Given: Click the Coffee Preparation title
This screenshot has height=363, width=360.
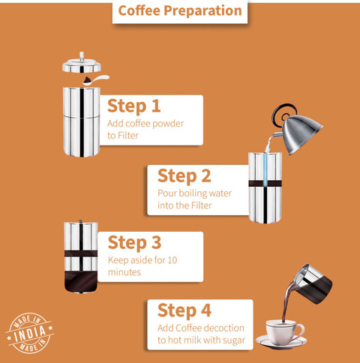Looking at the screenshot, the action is click(x=180, y=10).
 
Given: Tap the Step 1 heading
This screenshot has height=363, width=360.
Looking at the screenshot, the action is click(x=133, y=106).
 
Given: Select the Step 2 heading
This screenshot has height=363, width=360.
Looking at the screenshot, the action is click(x=184, y=175).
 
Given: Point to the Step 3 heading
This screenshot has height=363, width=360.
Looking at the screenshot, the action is click(x=134, y=242).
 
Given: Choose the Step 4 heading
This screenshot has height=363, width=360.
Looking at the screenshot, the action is click(x=184, y=310).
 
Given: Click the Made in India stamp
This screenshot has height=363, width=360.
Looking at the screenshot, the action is click(x=30, y=333).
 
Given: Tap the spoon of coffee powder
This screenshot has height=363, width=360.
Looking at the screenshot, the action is click(x=96, y=79).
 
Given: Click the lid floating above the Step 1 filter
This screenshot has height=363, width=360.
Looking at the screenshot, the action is click(x=82, y=64).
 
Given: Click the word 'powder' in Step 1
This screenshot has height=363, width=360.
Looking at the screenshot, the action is click(x=168, y=124).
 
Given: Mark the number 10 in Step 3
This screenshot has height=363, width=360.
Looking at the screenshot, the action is click(x=172, y=260).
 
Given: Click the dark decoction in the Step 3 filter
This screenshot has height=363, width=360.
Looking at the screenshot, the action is click(x=81, y=282).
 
